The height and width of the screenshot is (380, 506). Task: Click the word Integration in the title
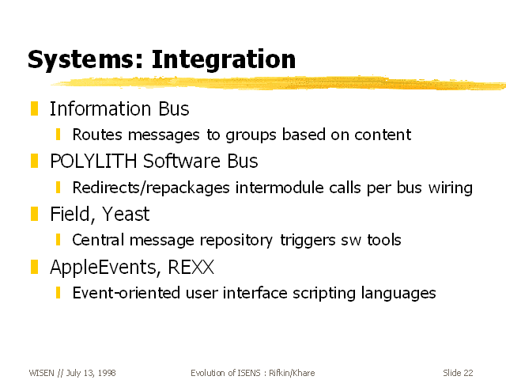click(x=223, y=59)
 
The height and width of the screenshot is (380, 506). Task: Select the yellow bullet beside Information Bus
click(x=34, y=108)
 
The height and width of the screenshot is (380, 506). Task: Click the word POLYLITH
click(x=93, y=161)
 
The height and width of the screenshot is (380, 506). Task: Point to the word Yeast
click(x=126, y=214)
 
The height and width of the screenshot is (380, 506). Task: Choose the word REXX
click(x=191, y=267)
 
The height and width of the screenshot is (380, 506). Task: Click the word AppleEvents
click(x=105, y=268)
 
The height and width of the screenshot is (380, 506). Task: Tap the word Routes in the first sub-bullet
click(x=97, y=135)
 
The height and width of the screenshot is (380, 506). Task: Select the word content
click(x=383, y=135)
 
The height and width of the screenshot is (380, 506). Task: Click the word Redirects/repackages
click(x=151, y=188)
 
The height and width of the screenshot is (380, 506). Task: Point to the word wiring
click(x=451, y=188)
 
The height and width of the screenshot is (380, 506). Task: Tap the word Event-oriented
click(x=126, y=293)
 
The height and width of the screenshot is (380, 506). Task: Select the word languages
click(x=398, y=294)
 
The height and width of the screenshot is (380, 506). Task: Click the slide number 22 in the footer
click(x=468, y=373)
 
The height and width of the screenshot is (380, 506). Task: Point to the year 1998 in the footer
click(x=107, y=373)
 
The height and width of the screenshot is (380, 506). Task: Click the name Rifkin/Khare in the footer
click(x=292, y=373)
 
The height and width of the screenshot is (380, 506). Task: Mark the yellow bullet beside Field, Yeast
click(x=34, y=214)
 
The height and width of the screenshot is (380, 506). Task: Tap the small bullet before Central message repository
click(x=58, y=240)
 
